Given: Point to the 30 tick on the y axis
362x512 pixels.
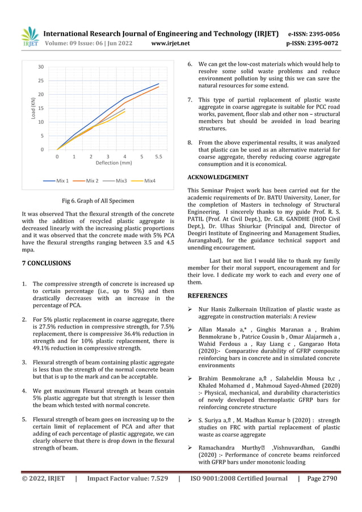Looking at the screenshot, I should [x=41, y=67].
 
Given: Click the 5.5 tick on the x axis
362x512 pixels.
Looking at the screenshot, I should [x=159, y=155].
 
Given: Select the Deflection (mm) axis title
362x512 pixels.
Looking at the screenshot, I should [x=113, y=163].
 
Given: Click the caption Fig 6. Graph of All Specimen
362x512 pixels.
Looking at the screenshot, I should [x=98, y=200].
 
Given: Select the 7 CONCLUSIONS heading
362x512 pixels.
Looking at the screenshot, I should [x=46, y=263].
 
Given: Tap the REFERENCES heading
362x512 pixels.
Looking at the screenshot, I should [x=208, y=296].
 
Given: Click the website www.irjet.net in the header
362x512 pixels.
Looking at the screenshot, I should [x=171, y=43].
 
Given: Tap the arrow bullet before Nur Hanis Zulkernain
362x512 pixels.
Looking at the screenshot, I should [x=191, y=309].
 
